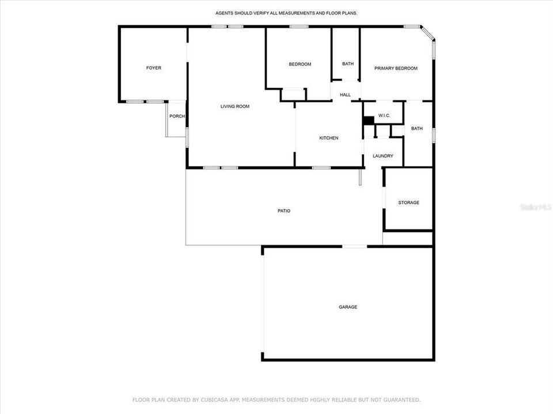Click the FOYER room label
tap(153, 68)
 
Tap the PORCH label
tap(177, 116)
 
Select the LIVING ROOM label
tap(234, 106)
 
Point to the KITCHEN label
tap(329, 138)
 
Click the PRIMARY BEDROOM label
tap(396, 68)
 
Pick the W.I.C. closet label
tap(384, 116)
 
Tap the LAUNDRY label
tap(383, 156)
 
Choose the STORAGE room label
tap(408, 202)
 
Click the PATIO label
tap(284, 210)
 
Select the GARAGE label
tap(347, 307)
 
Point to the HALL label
tap(345, 95)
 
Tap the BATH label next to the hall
tap(348, 64)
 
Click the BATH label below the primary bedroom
tap(417, 128)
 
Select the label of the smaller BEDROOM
tap(300, 64)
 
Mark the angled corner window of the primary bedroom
tap(427, 33)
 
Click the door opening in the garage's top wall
tap(355, 247)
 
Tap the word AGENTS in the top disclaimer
tap(226, 12)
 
